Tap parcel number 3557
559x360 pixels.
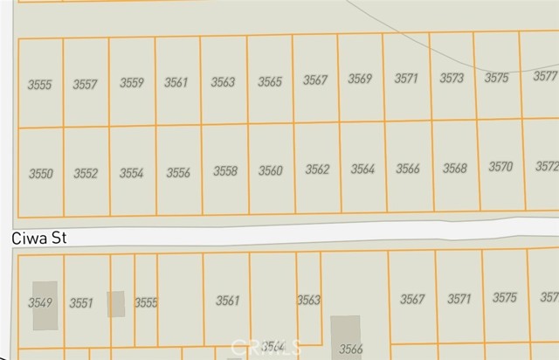pos(85,85)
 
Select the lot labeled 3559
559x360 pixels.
pos(131,84)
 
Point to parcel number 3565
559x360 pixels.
pos(269,82)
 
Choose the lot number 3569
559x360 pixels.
pos(360,80)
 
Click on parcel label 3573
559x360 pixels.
pos(452,79)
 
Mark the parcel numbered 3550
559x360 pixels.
pos(40,174)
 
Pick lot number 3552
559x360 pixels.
pos(86,173)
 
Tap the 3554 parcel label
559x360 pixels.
pos(131,173)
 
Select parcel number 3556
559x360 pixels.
pos(178,173)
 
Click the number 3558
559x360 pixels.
pos(225,171)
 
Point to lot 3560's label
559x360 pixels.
pos(271,171)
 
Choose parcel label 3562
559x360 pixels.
pos(317,170)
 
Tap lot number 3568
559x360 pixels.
pos(454,169)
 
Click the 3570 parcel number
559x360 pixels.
pos(500,167)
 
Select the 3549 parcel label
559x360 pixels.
pos(39,302)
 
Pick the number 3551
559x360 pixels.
pos(80,303)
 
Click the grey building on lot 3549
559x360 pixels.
pos(45,306)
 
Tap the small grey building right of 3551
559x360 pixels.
pos(115,304)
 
